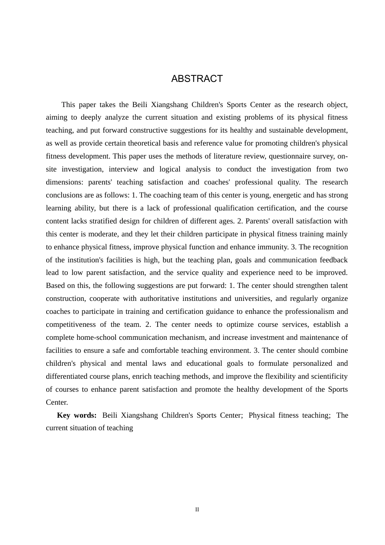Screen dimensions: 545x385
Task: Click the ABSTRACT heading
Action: tap(197, 79)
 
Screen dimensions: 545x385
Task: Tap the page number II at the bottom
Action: tap(197, 510)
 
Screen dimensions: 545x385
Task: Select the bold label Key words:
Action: tap(77, 415)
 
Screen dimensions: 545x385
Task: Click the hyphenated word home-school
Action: tap(96, 337)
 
